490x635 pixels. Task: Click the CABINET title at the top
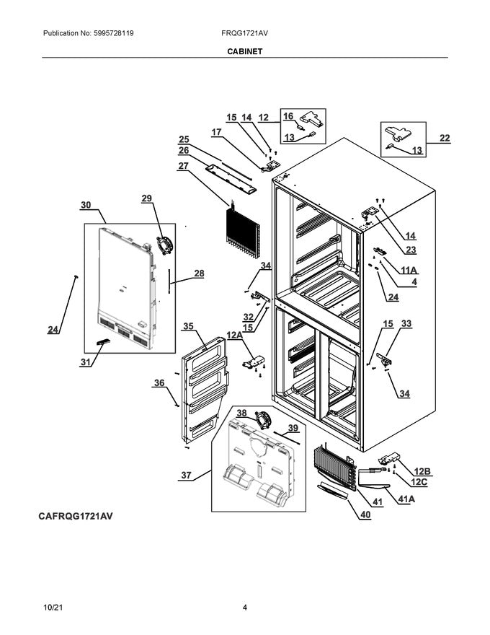point(244,52)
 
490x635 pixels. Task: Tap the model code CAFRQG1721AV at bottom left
point(71,517)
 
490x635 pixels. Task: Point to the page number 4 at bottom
point(245,608)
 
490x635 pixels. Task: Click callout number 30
point(86,206)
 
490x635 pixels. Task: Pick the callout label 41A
point(405,498)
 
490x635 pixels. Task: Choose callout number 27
point(184,166)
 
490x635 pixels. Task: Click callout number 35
point(188,326)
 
